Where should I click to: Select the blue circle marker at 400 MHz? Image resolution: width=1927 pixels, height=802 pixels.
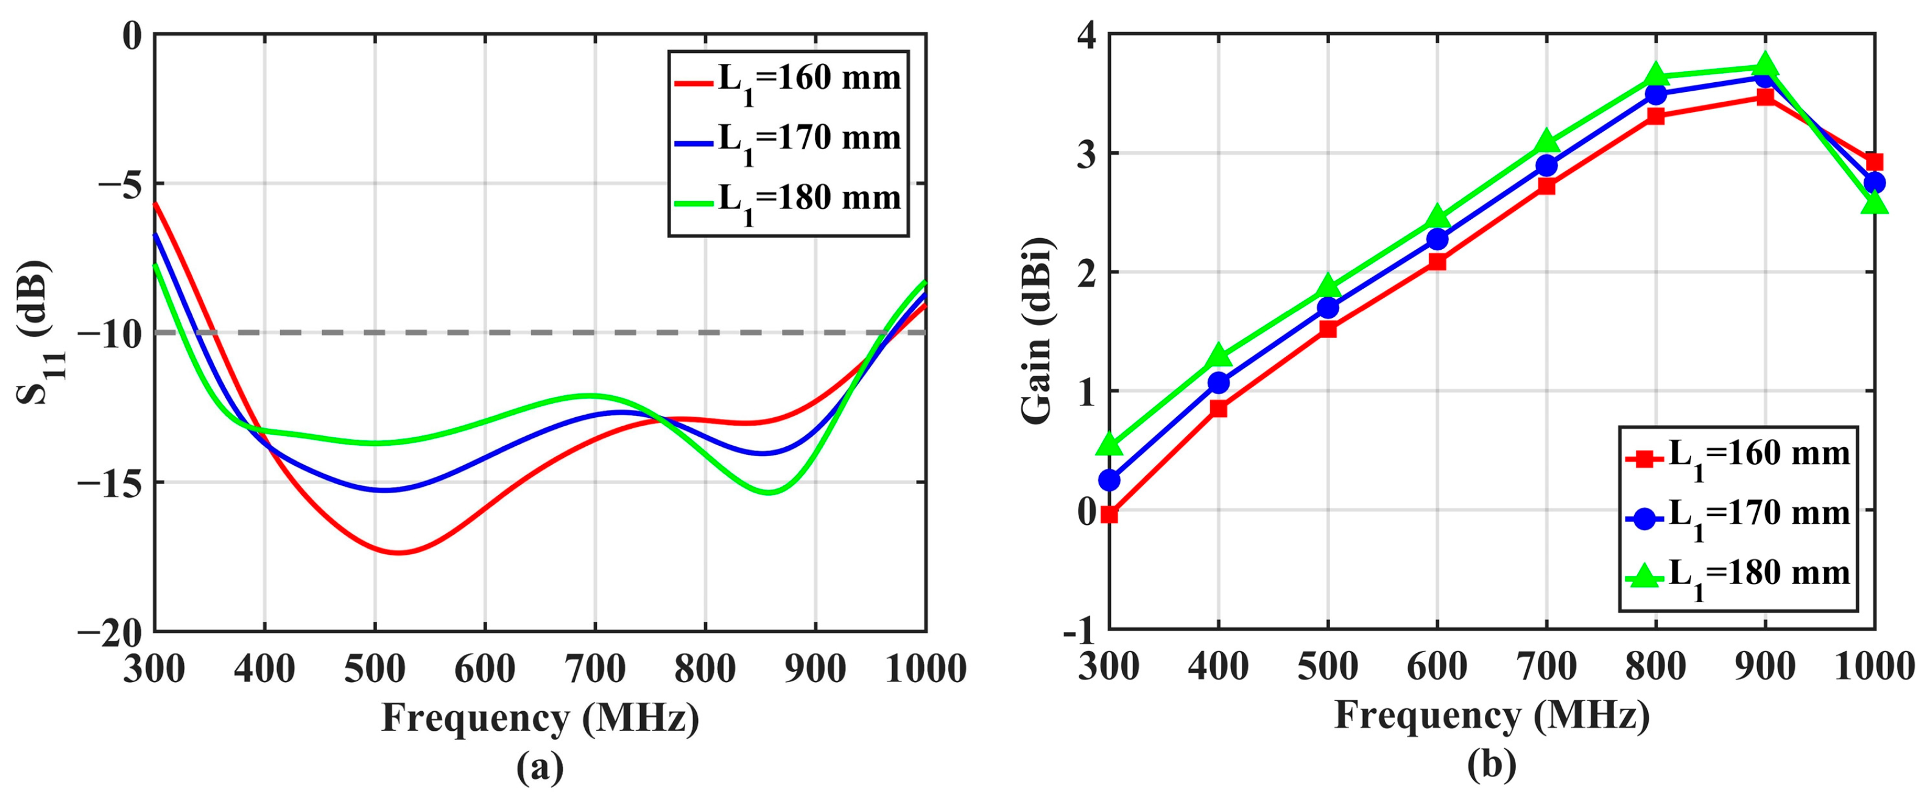point(1219,382)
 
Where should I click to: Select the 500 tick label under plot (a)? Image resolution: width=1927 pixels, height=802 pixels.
point(374,668)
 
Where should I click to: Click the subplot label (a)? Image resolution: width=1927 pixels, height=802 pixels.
point(540,767)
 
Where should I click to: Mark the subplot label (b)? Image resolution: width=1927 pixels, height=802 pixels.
point(1492,765)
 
